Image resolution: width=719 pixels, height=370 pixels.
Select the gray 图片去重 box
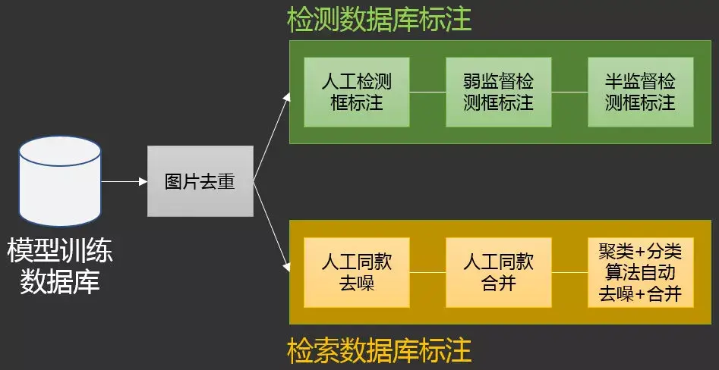pyautogui.click(x=200, y=181)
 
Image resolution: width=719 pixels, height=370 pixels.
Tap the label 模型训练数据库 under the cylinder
pyautogui.click(x=60, y=266)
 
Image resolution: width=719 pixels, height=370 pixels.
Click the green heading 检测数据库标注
pyautogui.click(x=379, y=20)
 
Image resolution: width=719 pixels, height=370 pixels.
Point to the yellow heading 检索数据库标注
pyautogui.click(x=379, y=351)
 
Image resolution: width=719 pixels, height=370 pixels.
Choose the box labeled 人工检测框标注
pyautogui.click(x=356, y=92)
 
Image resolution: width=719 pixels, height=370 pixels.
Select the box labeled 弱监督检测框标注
pyautogui.click(x=498, y=92)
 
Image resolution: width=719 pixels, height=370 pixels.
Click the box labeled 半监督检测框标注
pyautogui.click(x=640, y=92)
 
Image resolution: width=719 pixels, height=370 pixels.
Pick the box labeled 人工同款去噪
pyautogui.click(x=356, y=272)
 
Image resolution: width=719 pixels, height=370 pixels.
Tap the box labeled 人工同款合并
pyautogui.click(x=498, y=272)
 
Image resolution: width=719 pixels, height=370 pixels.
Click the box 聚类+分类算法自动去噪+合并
pyautogui.click(x=640, y=272)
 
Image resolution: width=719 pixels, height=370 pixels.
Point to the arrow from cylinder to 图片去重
pyautogui.click(x=124, y=181)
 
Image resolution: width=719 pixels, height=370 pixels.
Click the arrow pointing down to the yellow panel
pyautogui.click(x=272, y=228)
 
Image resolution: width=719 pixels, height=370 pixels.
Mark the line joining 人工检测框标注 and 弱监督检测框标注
pyautogui.click(x=427, y=92)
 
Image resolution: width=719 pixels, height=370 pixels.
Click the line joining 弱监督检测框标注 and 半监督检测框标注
pyautogui.click(x=569, y=92)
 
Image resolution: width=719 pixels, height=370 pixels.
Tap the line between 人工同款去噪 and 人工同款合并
pyautogui.click(x=427, y=272)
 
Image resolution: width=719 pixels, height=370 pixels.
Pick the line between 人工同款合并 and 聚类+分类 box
pyautogui.click(x=569, y=272)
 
